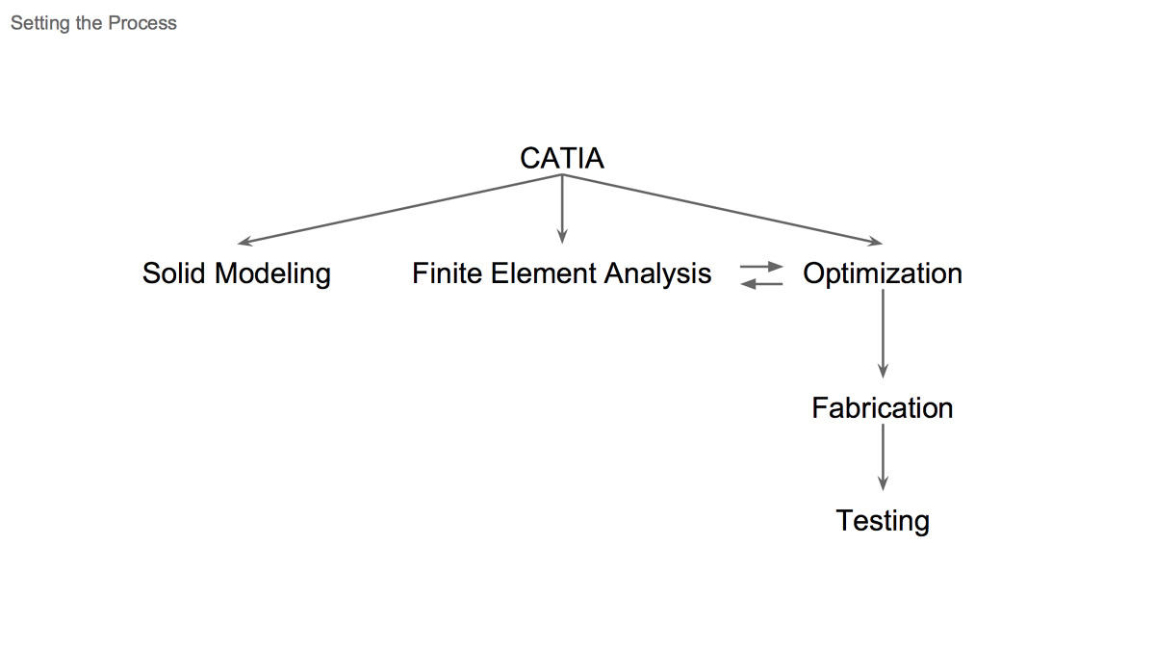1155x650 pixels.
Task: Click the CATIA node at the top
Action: pos(562,158)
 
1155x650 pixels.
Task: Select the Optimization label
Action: pos(883,273)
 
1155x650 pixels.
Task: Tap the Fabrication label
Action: pos(883,407)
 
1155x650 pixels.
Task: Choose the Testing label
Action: pos(883,521)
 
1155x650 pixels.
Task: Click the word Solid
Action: pos(174,273)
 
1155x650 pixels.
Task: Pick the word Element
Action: pos(542,273)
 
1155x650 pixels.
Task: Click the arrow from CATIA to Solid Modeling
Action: pos(399,209)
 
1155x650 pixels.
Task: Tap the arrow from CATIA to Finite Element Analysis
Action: pos(562,208)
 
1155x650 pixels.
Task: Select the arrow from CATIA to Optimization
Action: pos(722,209)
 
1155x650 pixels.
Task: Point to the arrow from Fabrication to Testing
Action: pos(883,457)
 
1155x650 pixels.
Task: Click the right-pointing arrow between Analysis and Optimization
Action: pos(761,266)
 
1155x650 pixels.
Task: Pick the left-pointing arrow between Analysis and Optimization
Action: pos(761,282)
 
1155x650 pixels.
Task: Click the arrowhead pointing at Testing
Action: pos(883,484)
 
